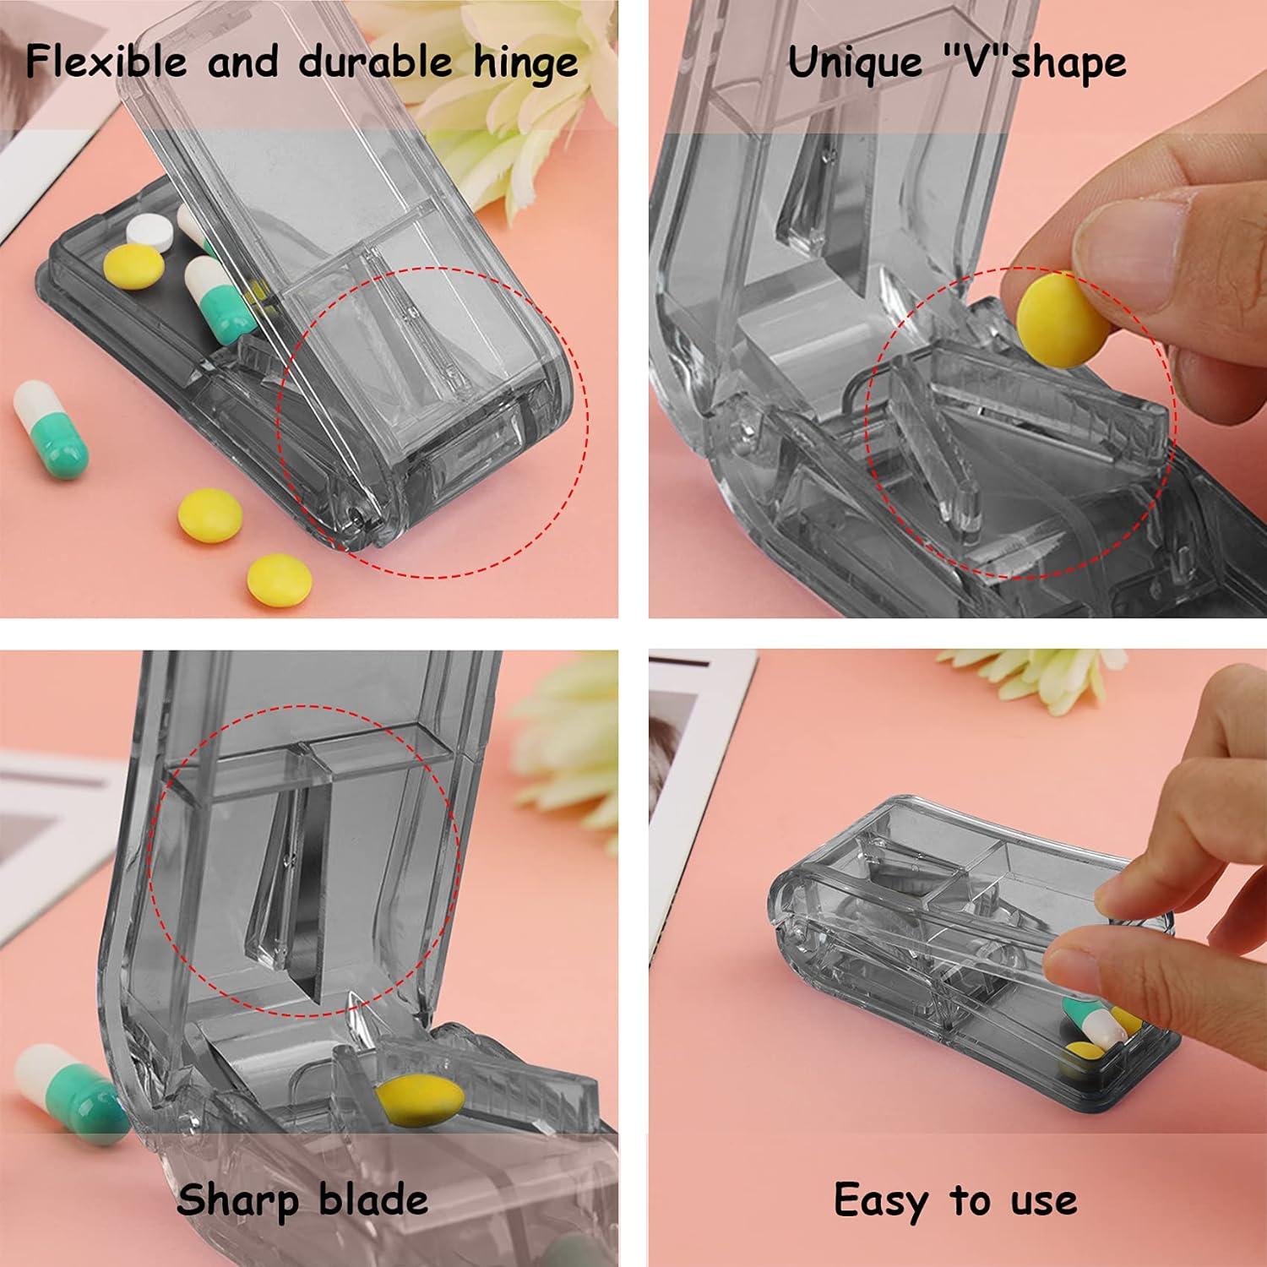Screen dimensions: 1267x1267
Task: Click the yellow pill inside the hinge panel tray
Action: (x=133, y=266)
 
